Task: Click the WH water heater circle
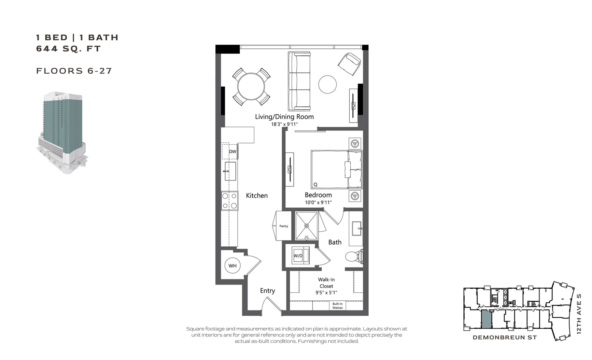232,265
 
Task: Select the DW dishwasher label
232,152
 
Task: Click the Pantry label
284,226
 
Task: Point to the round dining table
251,86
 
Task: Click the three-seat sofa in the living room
299,81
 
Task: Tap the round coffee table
327,84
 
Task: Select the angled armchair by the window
349,64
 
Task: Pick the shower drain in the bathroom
307,226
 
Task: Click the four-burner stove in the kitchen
229,201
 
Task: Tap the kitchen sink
230,171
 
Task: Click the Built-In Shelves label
337,306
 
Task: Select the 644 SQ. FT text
68,49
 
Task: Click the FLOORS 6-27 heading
74,71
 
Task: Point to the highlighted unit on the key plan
486,319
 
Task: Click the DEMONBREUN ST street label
505,337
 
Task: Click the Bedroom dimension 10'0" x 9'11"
318,202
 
